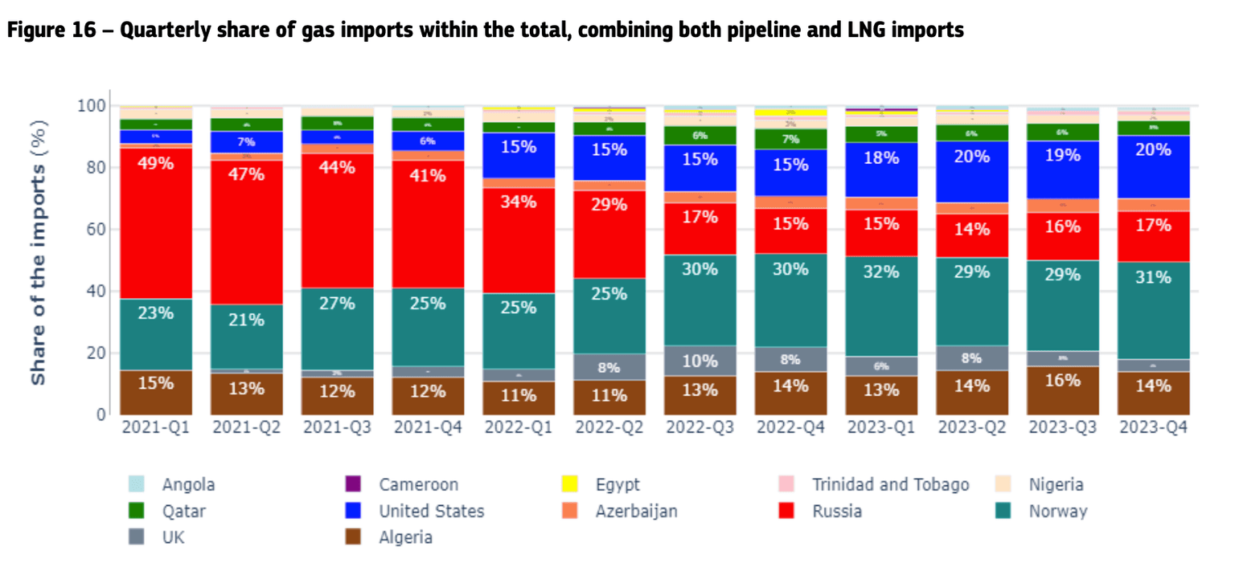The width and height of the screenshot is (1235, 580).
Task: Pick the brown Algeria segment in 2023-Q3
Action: pos(1062,390)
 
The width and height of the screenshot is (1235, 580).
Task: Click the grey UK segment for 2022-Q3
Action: pos(700,361)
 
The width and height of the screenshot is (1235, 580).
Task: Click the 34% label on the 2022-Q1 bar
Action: pos(518,202)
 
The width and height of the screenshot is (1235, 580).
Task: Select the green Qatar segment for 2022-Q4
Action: pos(790,138)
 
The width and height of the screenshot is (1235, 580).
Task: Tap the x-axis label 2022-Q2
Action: pos(608,427)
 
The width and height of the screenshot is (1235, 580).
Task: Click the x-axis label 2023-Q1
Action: pos(880,427)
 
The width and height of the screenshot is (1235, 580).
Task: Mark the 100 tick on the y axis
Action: pos(92,106)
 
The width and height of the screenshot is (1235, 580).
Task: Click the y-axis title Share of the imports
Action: pos(39,251)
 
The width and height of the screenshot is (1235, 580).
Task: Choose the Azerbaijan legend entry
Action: pos(636,511)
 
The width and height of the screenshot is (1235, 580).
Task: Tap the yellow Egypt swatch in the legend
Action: pos(570,484)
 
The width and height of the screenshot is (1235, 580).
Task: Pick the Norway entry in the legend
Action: pos(1057,511)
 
